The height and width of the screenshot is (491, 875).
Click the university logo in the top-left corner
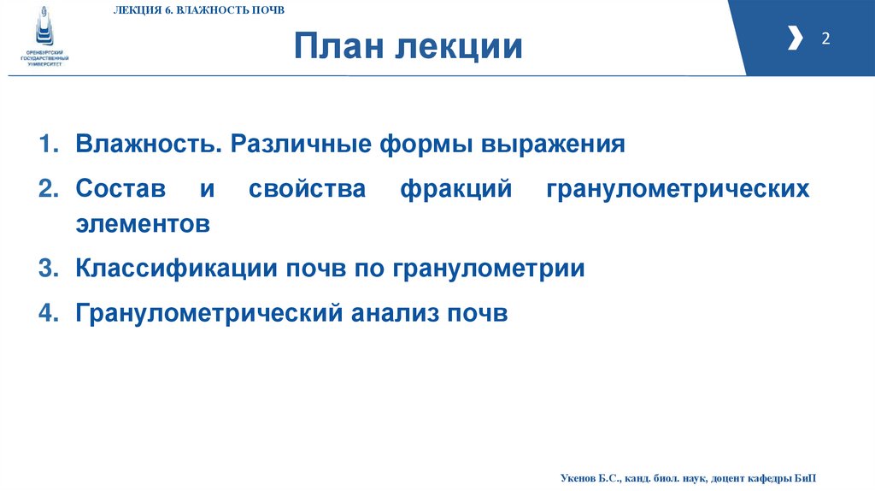point(44,34)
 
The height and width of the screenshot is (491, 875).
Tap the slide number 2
point(825,38)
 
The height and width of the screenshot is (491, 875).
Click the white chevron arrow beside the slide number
point(795,38)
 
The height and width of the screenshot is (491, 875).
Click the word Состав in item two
point(120,188)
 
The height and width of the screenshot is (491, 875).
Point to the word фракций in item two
point(455,188)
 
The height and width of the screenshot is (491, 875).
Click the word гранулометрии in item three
point(489,269)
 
